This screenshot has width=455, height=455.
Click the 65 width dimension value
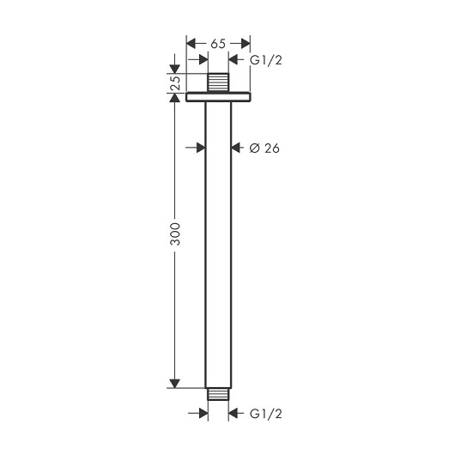tap(218, 44)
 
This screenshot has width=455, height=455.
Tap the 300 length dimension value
tap(175, 234)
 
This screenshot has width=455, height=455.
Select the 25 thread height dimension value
tap(175, 82)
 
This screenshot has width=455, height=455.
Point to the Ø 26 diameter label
tap(264, 149)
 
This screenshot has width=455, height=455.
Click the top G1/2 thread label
tap(266, 60)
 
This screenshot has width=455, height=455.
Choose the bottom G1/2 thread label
tap(266, 414)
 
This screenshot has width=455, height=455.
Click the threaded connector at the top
tap(218, 82)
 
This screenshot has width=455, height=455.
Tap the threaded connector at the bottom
tap(218, 394)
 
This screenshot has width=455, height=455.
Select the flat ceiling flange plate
tap(218, 97)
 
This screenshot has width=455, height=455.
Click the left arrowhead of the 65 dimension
tap(191, 44)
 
